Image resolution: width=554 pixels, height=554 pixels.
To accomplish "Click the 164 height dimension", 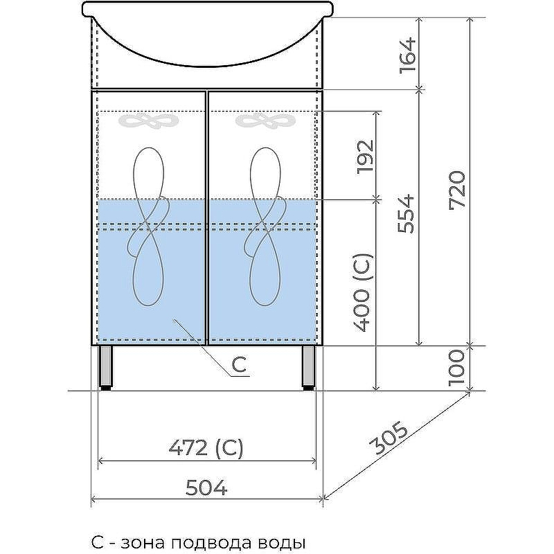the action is [408, 55].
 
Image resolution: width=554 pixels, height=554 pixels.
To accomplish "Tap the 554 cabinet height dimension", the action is [406, 213].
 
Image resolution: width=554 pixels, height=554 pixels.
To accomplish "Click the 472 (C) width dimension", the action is [206, 448].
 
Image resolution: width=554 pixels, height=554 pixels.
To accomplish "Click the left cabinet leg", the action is [107, 368].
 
